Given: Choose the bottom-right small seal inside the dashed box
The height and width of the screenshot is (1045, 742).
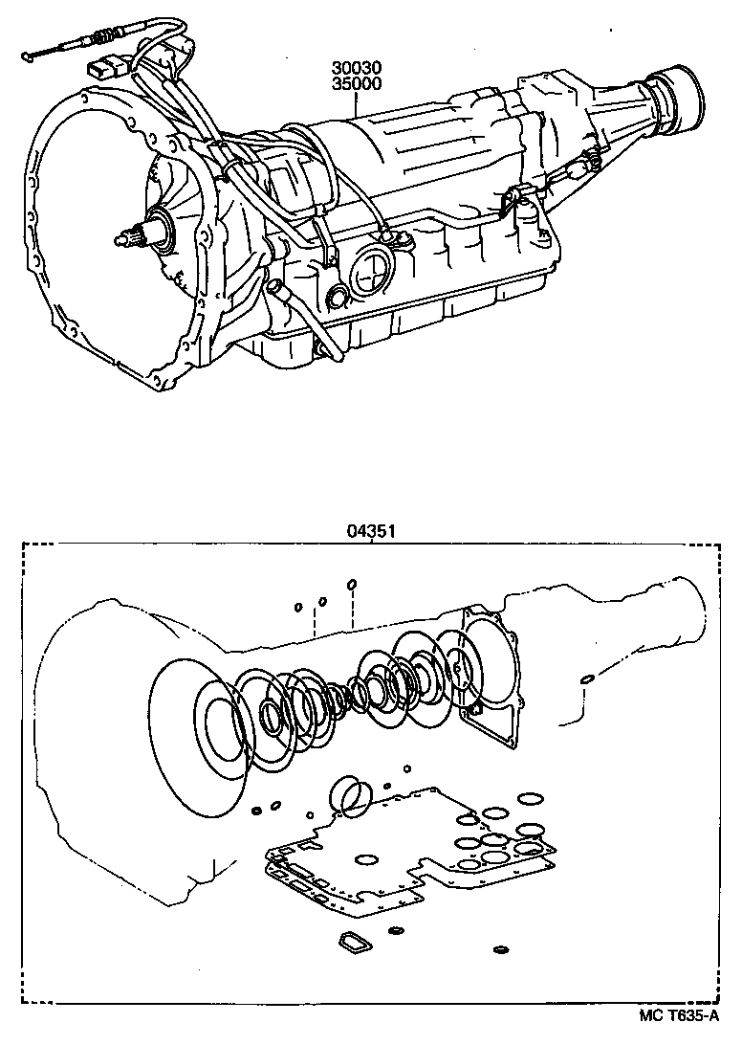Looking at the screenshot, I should pos(499,950).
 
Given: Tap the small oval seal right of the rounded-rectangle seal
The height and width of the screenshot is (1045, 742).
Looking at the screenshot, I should pos(396,930).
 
